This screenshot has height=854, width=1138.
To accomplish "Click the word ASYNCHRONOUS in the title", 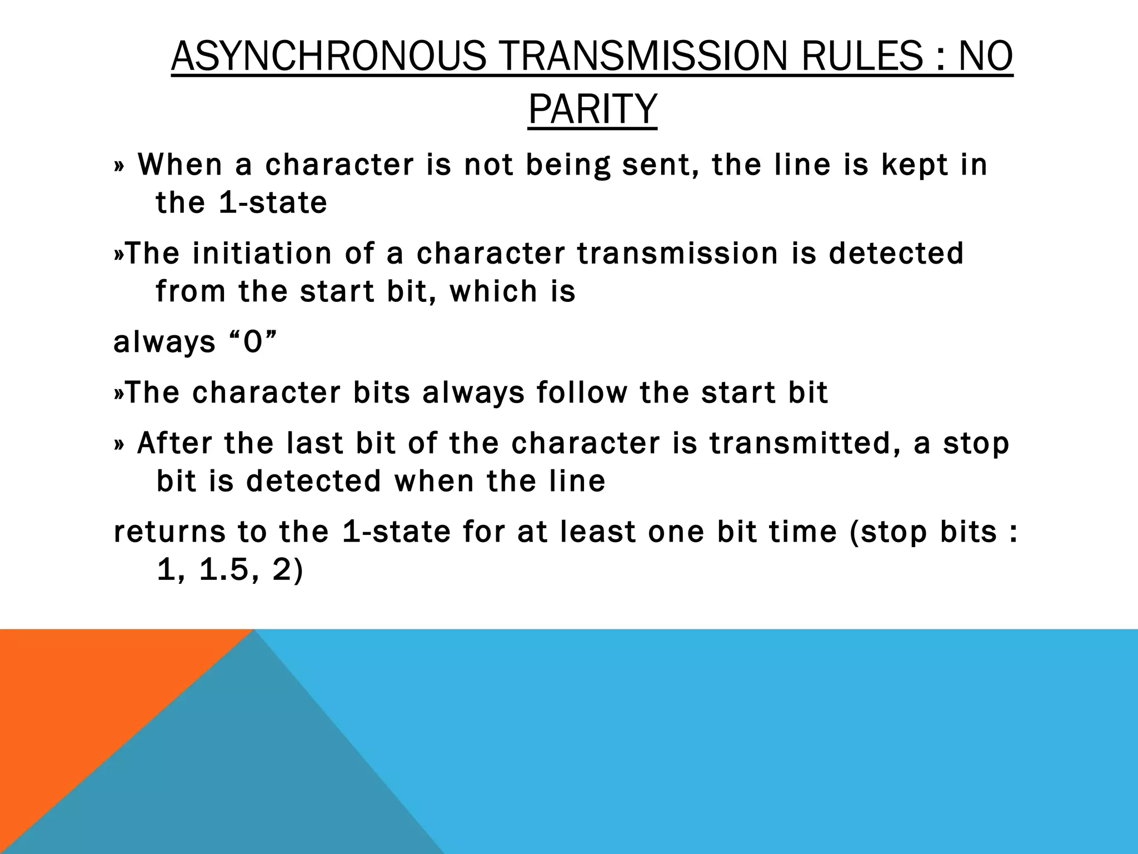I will pyautogui.click(x=328, y=57).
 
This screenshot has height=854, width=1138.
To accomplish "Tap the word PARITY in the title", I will pyautogui.click(x=592, y=110).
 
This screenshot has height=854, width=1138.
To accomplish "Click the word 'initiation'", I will pyautogui.click(x=262, y=254).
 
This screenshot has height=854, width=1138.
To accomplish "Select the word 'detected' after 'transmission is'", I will pyautogui.click(x=896, y=254).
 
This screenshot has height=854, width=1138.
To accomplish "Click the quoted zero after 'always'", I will pyautogui.click(x=253, y=342).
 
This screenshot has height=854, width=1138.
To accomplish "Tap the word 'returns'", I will pyautogui.click(x=169, y=532).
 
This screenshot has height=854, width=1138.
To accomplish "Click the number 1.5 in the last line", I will pyautogui.click(x=223, y=570).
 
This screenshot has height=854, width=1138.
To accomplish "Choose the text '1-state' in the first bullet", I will pyautogui.click(x=273, y=203).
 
